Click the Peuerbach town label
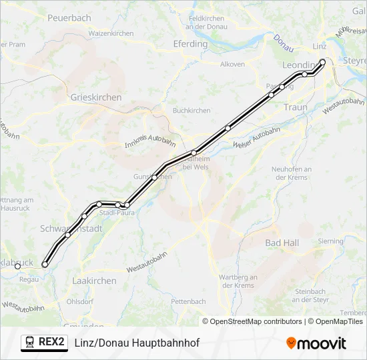pos(69,18)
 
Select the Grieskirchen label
pos(96,97)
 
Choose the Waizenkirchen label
pos(111,33)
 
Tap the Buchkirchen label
pos(192,111)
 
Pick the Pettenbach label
pos(188,301)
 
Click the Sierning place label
pos(331,241)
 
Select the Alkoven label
pos(232,65)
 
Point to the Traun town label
pos(296,107)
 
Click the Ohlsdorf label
pos(79,301)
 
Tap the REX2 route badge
pos(44,342)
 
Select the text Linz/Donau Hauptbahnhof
pos(137,343)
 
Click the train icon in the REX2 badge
pos(30,342)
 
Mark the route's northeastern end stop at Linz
pos(322,62)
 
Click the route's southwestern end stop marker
pos(45,265)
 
